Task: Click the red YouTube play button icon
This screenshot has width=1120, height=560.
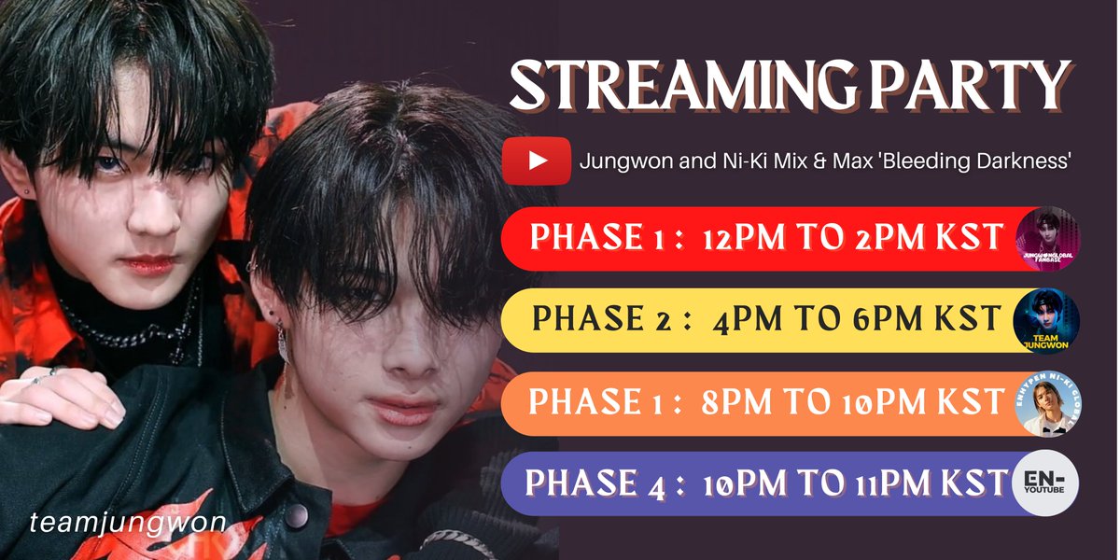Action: [536, 161]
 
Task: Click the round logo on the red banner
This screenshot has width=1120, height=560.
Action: [1046, 239]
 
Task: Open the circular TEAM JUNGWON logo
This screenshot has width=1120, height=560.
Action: [1046, 321]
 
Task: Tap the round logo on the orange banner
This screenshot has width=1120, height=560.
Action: [1046, 402]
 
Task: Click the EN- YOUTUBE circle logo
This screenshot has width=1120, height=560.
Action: [1046, 483]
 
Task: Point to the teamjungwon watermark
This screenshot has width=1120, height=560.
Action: [127, 524]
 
